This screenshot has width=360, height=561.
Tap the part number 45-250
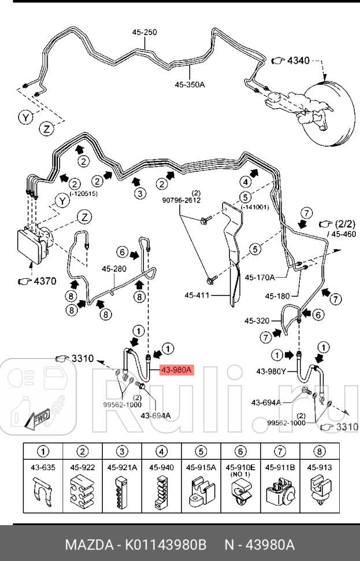click(144, 32)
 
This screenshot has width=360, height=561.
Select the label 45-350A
click(190, 84)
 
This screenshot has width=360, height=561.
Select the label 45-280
click(114, 268)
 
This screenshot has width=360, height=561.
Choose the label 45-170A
click(259, 277)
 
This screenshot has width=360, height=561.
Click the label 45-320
click(257, 320)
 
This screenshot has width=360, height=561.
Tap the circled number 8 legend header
click(319, 451)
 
